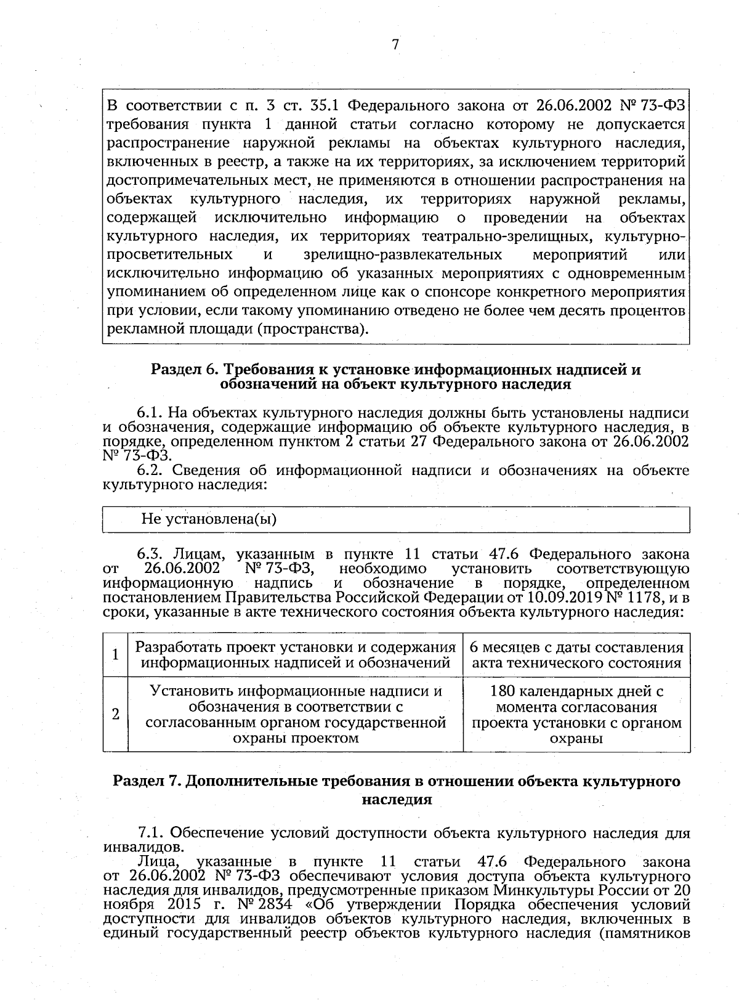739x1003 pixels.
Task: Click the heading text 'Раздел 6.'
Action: coord(184,370)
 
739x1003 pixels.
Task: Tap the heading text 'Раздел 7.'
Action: coord(146,781)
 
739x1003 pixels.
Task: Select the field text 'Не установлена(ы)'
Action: coord(209,519)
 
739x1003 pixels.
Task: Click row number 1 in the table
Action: coord(115,654)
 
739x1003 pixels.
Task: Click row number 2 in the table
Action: coord(115,714)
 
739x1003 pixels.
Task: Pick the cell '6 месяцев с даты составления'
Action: coord(576,648)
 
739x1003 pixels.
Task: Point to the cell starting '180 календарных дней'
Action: coord(576,691)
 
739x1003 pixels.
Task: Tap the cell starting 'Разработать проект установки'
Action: coord(296,648)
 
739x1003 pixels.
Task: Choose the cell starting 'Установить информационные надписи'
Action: coord(296,691)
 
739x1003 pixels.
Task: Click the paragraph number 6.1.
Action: coord(148,412)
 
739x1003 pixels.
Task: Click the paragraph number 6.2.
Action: coord(148,471)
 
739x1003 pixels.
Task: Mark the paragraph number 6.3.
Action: coord(148,554)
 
